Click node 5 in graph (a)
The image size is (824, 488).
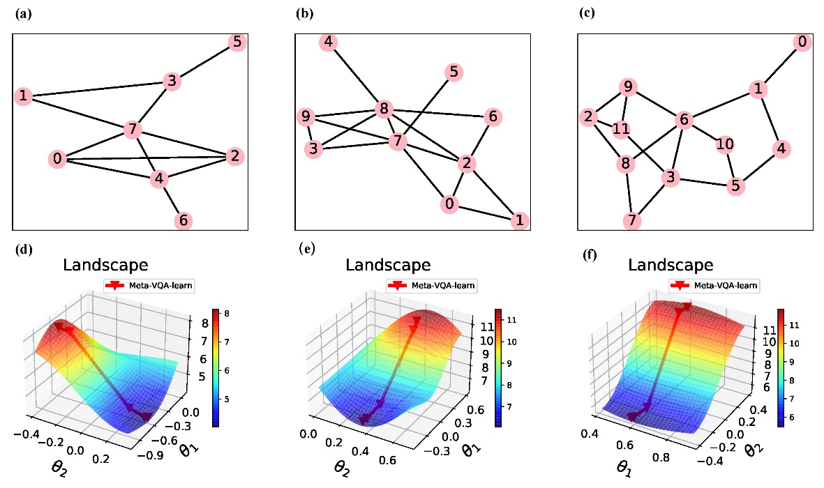[237, 43]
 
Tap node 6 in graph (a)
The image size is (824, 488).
[183, 220]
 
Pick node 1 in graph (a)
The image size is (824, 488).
[24, 96]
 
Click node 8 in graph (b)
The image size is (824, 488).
[382, 109]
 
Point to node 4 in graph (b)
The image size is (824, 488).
[328, 43]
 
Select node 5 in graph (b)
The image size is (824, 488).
[454, 71]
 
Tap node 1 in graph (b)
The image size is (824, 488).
[518, 221]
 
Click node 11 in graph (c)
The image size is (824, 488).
[622, 130]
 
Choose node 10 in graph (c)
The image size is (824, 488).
[725, 144]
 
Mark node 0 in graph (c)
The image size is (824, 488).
[802, 43]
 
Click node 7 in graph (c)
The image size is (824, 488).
[632, 221]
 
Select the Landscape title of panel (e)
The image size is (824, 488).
[388, 265]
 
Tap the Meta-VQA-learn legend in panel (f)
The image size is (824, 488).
[714, 285]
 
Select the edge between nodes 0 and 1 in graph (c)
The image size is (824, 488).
[780, 66]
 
